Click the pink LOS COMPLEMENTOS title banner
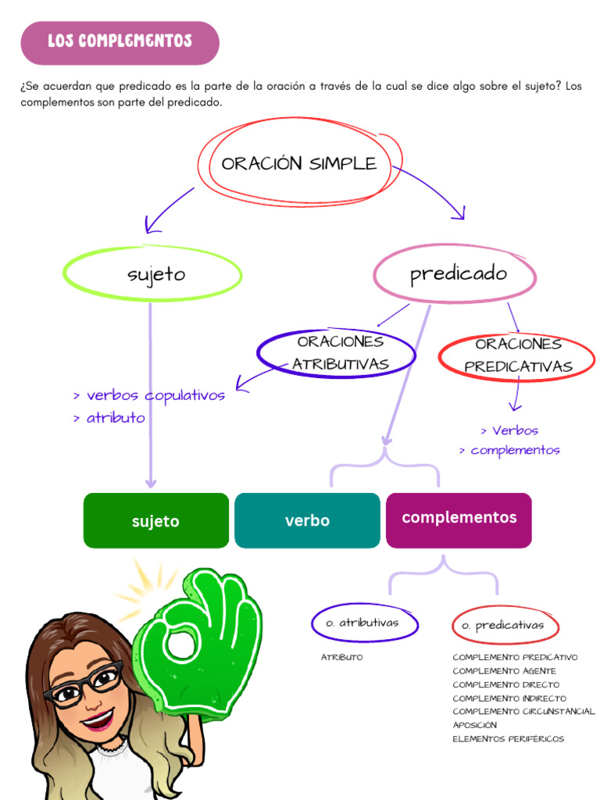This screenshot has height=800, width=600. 120,42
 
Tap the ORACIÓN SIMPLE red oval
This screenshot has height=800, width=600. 299,163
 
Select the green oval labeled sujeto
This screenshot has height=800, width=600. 153,274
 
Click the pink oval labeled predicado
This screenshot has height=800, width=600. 456,274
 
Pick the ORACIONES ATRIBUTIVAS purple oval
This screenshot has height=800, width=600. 337,352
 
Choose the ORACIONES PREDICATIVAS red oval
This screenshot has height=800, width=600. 518,355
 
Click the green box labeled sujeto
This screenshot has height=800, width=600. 155,521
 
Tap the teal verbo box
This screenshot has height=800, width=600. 307,520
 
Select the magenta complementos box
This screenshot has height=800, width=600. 459,519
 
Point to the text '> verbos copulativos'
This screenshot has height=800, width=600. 149,395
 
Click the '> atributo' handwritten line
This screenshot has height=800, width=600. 109,418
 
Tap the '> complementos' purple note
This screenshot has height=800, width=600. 509,451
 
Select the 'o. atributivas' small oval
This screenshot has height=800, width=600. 364,623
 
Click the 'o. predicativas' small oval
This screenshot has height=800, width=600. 505,626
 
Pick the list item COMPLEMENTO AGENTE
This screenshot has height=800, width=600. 504,671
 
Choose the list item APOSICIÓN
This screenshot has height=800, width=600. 474,725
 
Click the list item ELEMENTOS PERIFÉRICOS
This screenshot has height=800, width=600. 508,739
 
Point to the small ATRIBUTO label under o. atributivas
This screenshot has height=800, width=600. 341,658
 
